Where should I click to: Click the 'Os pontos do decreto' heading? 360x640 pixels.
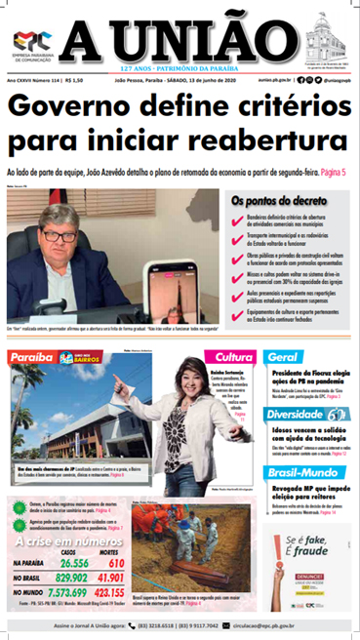(276, 199)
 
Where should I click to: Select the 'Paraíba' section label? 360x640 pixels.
(30, 358)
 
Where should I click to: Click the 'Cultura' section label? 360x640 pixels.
(234, 358)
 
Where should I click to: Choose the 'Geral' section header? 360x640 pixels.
(283, 357)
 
